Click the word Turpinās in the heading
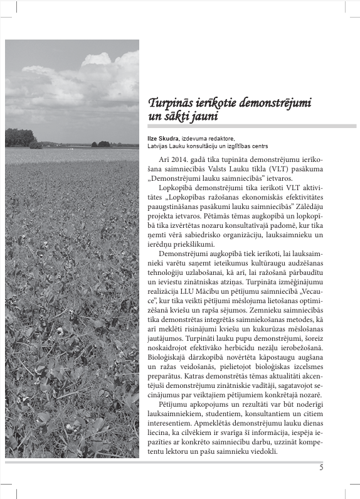click(171, 103)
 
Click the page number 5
click(321, 467)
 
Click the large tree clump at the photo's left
click(19, 137)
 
